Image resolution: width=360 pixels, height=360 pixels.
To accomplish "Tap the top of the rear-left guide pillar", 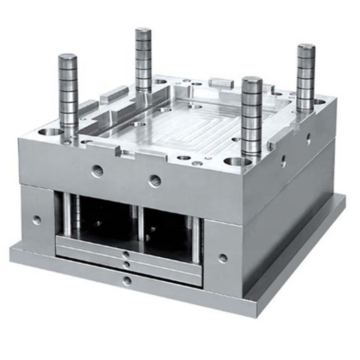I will pyautogui.click(x=143, y=31).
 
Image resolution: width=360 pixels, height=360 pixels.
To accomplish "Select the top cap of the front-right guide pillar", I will pyautogui.click(x=252, y=80).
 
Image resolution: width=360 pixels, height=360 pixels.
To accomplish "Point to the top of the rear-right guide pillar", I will pyautogui.click(x=306, y=47).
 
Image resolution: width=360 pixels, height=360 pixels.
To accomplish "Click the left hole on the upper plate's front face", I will pyautogui.click(x=97, y=170).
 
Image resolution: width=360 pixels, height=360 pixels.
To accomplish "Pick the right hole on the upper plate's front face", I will pyautogui.click(x=155, y=180).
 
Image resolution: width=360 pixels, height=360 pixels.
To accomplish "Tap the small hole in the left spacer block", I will pyautogui.click(x=36, y=220).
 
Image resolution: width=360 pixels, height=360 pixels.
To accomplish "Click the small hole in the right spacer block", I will pyautogui.click(x=223, y=258).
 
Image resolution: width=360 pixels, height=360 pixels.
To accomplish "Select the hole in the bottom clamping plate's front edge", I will pyautogui.click(x=127, y=281).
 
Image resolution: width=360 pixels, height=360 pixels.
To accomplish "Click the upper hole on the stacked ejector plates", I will pyautogui.click(x=126, y=255).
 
